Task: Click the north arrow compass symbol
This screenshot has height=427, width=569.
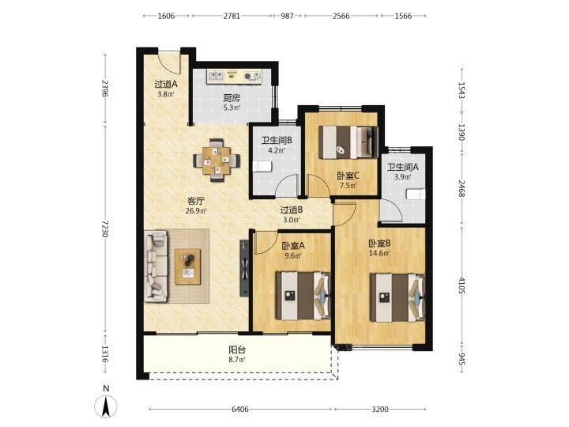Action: [x=106, y=406]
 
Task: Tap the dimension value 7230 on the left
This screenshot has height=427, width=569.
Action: [x=105, y=229]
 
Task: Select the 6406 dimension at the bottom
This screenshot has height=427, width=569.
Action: [x=240, y=410]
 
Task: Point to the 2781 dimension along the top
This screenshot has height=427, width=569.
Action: [x=232, y=16]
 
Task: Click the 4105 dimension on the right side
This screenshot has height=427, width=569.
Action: [x=462, y=285]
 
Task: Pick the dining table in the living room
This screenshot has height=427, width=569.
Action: [x=217, y=160]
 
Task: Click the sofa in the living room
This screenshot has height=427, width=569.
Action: [x=156, y=266]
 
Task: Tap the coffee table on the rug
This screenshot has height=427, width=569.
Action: [x=187, y=266]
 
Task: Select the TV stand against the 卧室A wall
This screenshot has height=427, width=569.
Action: [x=244, y=269]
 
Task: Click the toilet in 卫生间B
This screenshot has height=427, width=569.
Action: [x=262, y=167]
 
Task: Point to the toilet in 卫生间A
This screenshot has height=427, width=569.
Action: [x=416, y=195]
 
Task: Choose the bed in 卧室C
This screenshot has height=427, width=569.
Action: [x=348, y=142]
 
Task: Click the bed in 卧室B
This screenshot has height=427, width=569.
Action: [x=398, y=297]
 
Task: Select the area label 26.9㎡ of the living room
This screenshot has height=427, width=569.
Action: [x=196, y=210]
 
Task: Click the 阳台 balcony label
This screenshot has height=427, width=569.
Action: [x=237, y=350]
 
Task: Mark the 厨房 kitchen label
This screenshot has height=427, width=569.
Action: [x=232, y=98]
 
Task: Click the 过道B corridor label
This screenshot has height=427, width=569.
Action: [x=292, y=210]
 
